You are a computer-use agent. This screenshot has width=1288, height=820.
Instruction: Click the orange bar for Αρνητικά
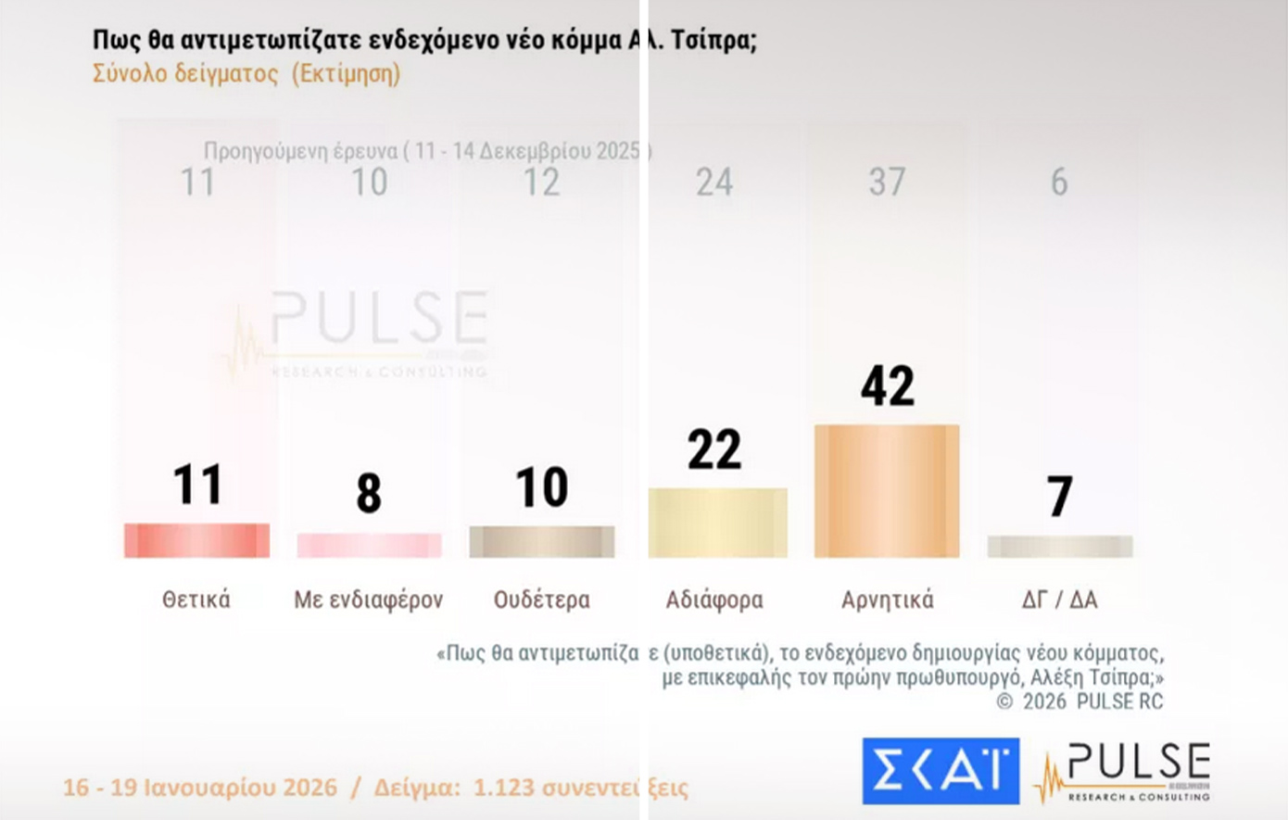887,491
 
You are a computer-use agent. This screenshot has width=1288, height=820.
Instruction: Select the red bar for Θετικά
196,540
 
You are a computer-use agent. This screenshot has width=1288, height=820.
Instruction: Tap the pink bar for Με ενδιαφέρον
369,545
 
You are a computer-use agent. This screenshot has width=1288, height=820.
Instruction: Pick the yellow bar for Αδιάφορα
717,523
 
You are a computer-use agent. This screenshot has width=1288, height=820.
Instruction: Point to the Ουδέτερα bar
542,541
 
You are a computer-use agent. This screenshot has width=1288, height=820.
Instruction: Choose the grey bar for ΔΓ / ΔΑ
1059,546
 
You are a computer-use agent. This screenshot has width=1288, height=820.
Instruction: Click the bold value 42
887,385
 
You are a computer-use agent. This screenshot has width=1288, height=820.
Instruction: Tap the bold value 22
714,449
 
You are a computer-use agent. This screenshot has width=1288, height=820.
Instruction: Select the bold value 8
369,493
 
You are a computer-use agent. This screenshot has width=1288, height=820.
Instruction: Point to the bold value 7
1060,497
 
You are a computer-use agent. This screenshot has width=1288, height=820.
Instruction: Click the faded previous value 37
887,183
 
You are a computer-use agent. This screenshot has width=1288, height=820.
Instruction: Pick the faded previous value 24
714,183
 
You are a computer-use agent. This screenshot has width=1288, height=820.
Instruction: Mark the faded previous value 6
1059,183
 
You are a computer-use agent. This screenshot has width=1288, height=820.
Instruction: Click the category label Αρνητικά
887,599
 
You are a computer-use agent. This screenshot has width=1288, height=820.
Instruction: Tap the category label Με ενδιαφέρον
369,599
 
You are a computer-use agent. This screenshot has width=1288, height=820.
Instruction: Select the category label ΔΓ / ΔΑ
1059,599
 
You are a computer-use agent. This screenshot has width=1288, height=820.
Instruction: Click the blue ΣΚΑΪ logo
941,770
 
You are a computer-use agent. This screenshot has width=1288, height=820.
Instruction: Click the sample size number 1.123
504,788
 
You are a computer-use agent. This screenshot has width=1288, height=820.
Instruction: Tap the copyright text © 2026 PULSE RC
1080,701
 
